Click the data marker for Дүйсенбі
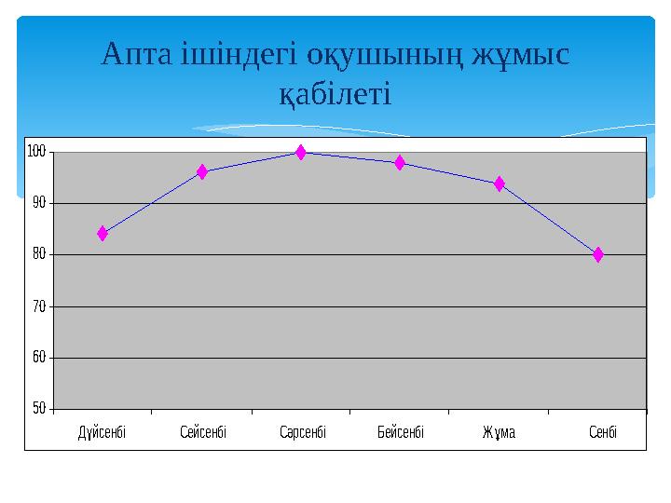click(103, 234)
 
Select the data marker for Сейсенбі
click(202, 171)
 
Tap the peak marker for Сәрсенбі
click(301, 152)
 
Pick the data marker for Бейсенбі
click(400, 163)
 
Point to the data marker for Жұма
click(500, 184)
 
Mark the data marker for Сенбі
click(598, 254)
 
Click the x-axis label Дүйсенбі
click(102, 433)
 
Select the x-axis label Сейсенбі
click(203, 433)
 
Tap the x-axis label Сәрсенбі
click(303, 433)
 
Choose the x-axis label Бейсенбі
click(402, 433)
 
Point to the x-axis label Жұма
click(500, 433)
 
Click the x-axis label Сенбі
click(603, 433)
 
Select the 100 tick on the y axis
click(37, 151)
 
